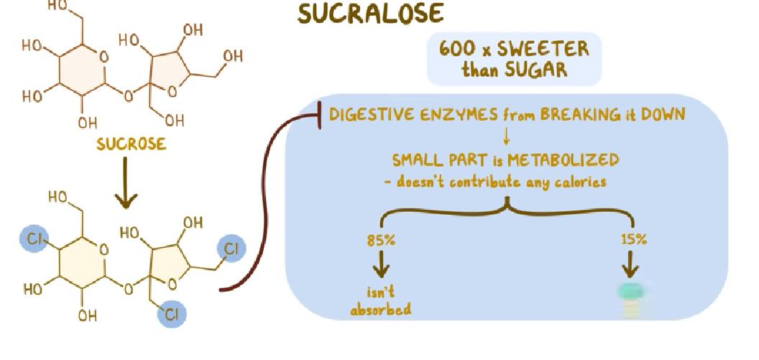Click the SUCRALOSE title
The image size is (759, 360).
point(370,14)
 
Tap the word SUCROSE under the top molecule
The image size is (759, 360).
point(131,144)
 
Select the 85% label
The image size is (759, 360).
point(381,240)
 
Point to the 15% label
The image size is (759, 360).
point(633,240)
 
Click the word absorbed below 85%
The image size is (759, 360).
point(381,310)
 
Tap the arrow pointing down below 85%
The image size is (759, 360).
point(381,267)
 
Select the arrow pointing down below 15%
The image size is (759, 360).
point(631,267)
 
